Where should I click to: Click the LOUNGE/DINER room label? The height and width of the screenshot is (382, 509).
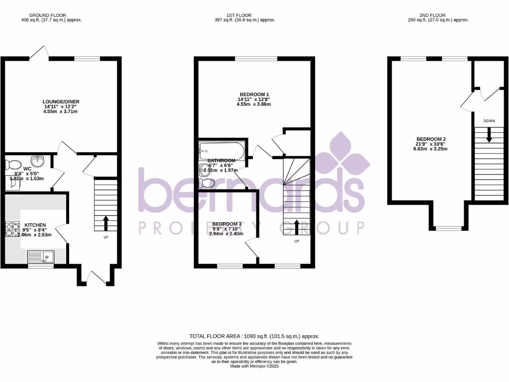(61, 102)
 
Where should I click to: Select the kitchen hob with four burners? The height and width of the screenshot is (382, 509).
(11, 228)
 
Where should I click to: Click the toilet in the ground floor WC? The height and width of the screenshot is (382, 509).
(13, 164)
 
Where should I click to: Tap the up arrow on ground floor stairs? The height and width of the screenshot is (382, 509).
(105, 222)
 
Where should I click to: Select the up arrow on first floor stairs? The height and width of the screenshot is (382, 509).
(297, 227)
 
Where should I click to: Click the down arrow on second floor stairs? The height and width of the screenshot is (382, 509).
(489, 135)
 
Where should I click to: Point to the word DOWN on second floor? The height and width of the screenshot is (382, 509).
(489, 121)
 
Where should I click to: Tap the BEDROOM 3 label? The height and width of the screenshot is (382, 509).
(226, 224)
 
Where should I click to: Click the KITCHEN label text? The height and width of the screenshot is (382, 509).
(35, 225)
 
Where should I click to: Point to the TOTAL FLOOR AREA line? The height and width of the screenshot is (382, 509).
(254, 336)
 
